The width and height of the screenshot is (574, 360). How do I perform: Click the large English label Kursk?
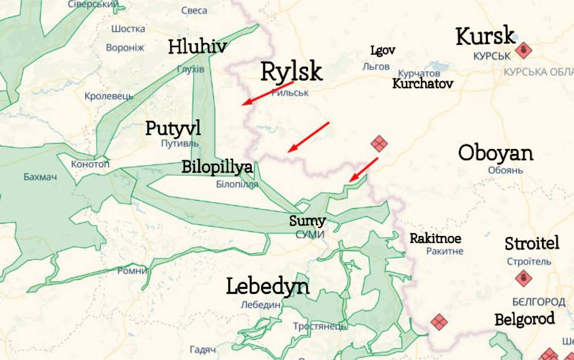pyautogui.click(x=485, y=36)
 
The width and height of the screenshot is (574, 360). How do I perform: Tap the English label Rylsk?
pyautogui.click(x=291, y=72)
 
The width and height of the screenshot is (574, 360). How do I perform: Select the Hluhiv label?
pyautogui.click(x=197, y=47)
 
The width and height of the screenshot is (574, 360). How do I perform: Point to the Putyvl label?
pyautogui.click(x=173, y=129)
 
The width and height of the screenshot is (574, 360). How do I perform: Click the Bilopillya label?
pyautogui.click(x=217, y=167)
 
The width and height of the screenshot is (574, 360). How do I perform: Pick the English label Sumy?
pyautogui.click(x=307, y=221)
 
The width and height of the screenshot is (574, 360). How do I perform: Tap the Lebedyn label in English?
pyautogui.click(x=268, y=286)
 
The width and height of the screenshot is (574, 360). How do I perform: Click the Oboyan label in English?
pyautogui.click(x=496, y=153)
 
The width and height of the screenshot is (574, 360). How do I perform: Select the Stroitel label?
pyautogui.click(x=532, y=243)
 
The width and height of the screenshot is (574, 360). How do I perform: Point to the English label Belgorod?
pyautogui.click(x=524, y=320)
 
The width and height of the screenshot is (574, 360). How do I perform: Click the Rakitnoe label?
pyautogui.click(x=435, y=238)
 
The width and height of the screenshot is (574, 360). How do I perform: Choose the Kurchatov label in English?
pyautogui.click(x=422, y=84)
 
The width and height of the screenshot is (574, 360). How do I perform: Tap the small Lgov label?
pyautogui.click(x=383, y=50)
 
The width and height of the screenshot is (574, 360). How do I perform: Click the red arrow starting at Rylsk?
pyautogui.click(x=268, y=94)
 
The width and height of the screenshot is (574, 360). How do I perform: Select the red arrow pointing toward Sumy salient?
pyautogui.click(x=363, y=169)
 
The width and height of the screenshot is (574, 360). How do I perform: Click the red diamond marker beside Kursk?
pyautogui.click(x=523, y=50)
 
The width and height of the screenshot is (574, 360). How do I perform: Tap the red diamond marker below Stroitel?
pyautogui.click(x=523, y=278)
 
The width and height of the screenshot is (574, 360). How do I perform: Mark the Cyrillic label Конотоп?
pyautogui.click(x=90, y=164)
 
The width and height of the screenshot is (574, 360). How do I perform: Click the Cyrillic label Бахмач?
pyautogui.click(x=40, y=177)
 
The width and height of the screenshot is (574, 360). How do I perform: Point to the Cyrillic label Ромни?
pyautogui.click(x=132, y=271)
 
